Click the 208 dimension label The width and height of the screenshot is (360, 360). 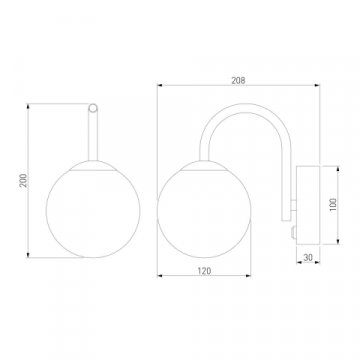point(238,80)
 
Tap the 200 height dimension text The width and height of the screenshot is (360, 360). point(24,180)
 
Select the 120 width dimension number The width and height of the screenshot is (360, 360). point(204,271)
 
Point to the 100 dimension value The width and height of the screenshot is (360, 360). point(334,205)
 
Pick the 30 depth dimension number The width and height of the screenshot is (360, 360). point(308,257)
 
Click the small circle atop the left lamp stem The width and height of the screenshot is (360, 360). point(93,108)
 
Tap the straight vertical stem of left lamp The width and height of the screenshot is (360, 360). point(93,136)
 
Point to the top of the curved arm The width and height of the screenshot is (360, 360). point(246,108)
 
